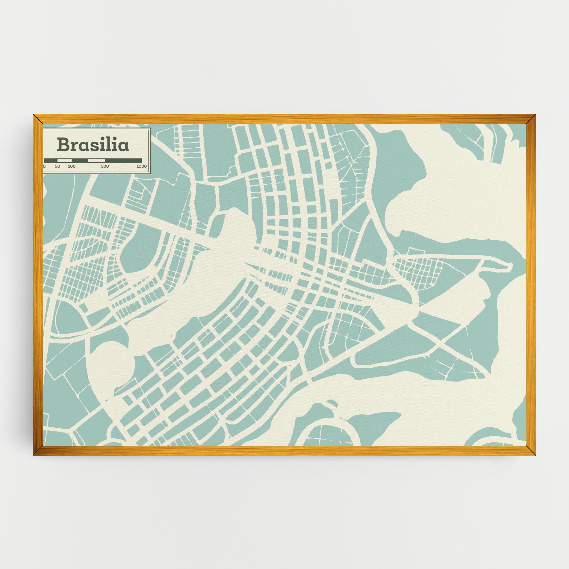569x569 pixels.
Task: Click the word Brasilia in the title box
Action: point(93,145)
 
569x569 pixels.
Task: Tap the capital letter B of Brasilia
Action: point(63,145)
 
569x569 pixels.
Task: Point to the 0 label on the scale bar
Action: point(45,167)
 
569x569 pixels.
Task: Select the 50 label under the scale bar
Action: point(57,167)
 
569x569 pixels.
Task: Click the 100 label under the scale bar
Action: point(72,167)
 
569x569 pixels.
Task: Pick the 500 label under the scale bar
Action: point(105,167)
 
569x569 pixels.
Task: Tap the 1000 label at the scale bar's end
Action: point(141,167)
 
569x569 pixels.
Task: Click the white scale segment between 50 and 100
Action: point(64,161)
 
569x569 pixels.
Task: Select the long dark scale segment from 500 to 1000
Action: point(123,161)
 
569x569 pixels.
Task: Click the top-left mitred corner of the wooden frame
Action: point(37,119)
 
